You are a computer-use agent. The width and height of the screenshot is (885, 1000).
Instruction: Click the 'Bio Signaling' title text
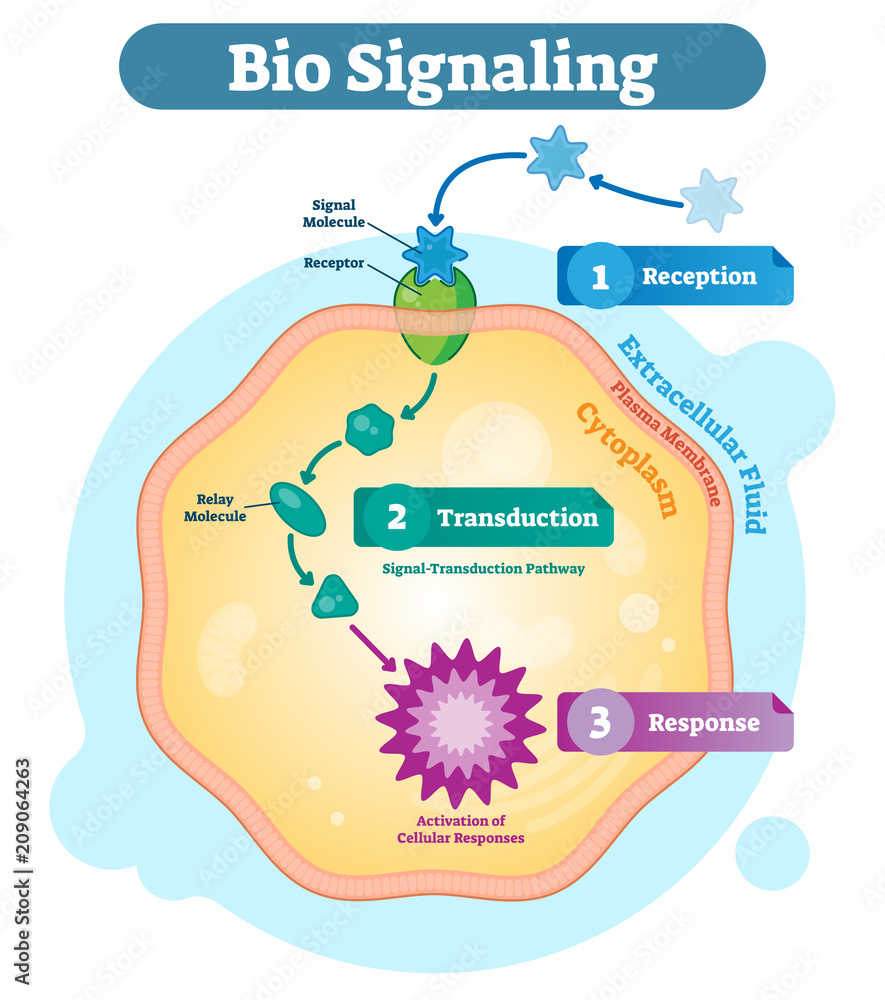coord(442,67)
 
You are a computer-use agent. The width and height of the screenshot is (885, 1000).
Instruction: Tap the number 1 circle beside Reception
coord(600,276)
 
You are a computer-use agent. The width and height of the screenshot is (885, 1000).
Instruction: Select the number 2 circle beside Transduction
coord(397,518)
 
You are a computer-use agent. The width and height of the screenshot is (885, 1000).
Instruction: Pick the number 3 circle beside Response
coord(600,722)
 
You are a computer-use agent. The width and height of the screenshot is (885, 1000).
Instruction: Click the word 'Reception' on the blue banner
coord(699,276)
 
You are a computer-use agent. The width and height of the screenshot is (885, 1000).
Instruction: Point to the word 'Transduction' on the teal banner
coord(518,518)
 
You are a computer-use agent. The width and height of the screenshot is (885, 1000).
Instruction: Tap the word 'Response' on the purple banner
coord(704,722)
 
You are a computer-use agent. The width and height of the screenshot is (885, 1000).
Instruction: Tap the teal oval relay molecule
coord(298,508)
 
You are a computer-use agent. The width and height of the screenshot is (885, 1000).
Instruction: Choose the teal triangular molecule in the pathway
coord(333,597)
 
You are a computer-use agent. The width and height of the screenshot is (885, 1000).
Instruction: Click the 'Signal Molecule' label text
coord(333,213)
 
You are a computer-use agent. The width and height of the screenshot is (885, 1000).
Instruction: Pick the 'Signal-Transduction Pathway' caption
coord(483,568)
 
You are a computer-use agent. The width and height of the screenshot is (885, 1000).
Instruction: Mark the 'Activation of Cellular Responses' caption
coord(460,829)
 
